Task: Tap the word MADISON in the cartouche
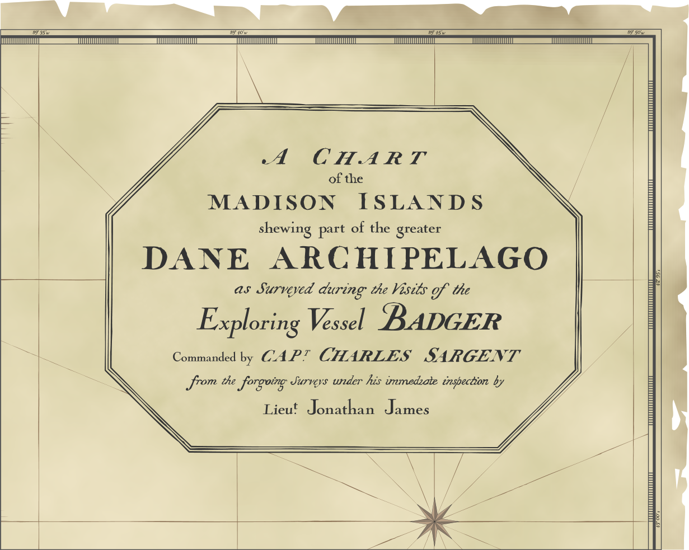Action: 273,202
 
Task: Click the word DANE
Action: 195,258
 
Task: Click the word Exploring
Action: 249,322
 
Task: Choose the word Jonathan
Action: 341,409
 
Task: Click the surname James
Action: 407,409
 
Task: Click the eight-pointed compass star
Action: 434,520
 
